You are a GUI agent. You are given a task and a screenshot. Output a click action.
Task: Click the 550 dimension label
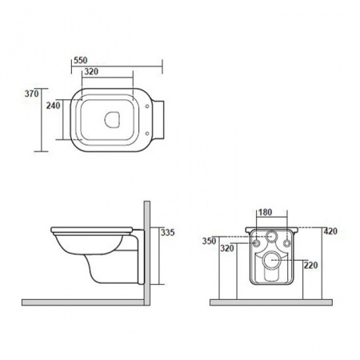(x=81, y=61)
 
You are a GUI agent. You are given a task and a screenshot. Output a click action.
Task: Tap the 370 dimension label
(x=32, y=94)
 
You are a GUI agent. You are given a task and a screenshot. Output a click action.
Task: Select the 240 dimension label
(x=54, y=106)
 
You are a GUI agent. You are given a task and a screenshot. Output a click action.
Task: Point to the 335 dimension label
(x=168, y=233)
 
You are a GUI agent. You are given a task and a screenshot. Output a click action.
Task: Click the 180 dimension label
(x=266, y=212)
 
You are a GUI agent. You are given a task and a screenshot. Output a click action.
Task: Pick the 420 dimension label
(x=330, y=231)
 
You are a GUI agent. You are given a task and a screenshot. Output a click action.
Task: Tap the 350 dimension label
(x=209, y=241)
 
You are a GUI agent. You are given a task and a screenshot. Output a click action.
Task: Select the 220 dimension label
(x=311, y=266)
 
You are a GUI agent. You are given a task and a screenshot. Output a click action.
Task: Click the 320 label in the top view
(x=91, y=71)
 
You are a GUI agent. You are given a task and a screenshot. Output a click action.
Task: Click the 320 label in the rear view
(x=227, y=249)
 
